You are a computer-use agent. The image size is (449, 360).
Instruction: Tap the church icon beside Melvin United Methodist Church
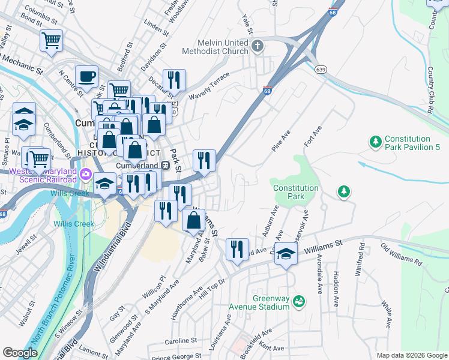click(258, 46)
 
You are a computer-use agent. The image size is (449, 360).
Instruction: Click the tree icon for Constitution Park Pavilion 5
click(376, 142)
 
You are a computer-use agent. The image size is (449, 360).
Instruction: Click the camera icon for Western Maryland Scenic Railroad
click(86, 175)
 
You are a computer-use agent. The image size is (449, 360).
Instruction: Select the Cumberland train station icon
click(164, 166)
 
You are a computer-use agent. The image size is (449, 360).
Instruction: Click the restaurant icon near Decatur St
click(173, 79)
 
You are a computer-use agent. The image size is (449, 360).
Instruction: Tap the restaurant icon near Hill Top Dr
click(237, 248)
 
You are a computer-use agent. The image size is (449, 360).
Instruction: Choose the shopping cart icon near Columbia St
click(51, 41)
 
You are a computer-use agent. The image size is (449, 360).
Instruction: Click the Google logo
click(19, 353)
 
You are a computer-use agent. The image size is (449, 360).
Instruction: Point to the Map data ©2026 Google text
click(412, 355)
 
